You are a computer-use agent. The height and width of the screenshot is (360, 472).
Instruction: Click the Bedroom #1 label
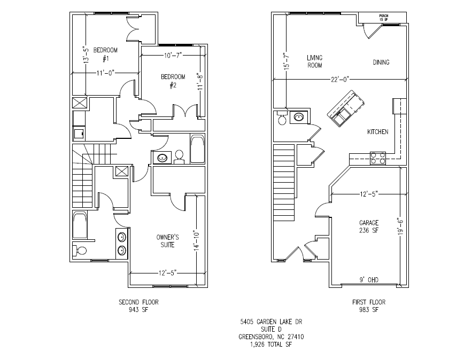point(105,54)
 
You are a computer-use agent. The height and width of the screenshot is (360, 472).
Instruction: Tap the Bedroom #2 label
point(173,81)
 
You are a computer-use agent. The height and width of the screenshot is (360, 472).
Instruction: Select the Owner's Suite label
point(168,240)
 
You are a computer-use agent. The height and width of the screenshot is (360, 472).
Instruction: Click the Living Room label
point(314,61)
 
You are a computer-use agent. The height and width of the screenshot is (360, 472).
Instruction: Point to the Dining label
point(381,62)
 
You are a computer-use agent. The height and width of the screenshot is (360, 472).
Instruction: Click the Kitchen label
point(377,132)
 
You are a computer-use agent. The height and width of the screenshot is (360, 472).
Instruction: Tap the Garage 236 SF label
point(369,226)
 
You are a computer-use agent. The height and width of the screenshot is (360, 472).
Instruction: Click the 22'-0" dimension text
point(339,80)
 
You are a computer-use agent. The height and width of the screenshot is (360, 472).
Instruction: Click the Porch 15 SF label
point(384,18)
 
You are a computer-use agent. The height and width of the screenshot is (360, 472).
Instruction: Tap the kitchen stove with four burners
point(377,158)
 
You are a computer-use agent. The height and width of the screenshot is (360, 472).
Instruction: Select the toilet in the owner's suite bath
point(81,251)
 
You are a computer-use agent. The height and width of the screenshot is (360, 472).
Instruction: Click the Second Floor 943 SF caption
point(138,306)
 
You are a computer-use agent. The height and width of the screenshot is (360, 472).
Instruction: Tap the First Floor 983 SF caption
point(368,306)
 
